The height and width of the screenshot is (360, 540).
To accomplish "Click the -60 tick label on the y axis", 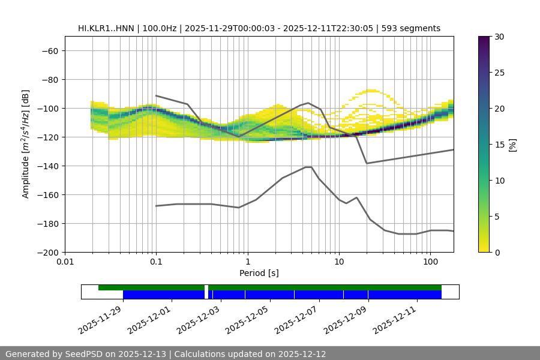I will coord(49,51).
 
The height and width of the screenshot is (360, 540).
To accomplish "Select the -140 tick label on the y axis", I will coord(46,166).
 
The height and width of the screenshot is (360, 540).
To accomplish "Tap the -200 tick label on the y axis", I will coord(46,253).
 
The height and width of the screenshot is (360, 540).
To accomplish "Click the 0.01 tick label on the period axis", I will coord(65,262).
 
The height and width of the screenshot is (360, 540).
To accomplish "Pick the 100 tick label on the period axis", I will coord(430,262).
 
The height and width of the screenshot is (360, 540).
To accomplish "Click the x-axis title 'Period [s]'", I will coord(259,273).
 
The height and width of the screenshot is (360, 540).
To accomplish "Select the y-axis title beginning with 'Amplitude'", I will coord(26,144).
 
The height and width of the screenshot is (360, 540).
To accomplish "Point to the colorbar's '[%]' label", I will coord(512,145).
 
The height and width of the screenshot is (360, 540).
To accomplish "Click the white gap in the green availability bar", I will coord(206,288).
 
